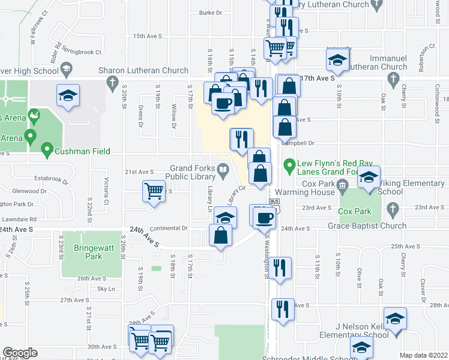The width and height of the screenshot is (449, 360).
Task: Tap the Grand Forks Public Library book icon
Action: click(223, 172)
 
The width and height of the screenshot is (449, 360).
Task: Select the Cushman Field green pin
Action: click(47, 150)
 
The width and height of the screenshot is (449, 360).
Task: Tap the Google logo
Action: click(20, 353)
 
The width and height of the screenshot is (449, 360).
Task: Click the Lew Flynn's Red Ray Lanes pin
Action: click(289, 164)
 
